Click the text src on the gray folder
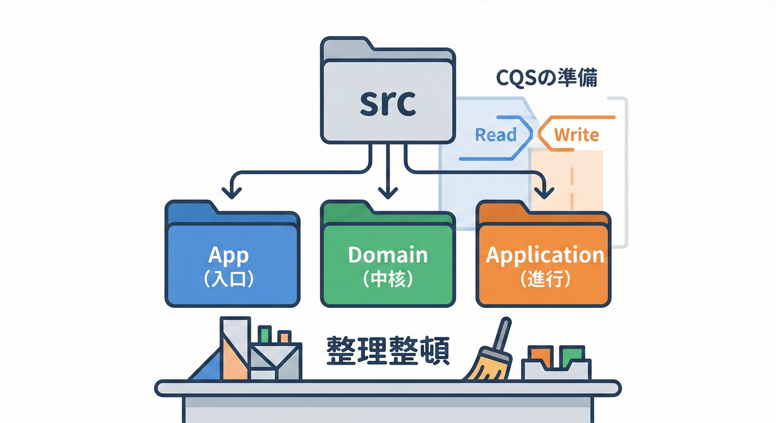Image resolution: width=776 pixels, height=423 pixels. [x=387, y=104]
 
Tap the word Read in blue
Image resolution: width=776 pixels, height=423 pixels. [x=495, y=134]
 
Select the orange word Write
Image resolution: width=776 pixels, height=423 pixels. [x=576, y=134]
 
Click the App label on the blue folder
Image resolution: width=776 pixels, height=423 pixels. [x=229, y=255]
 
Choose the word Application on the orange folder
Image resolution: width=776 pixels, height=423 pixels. [x=545, y=255]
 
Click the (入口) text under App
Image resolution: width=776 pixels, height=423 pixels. [x=229, y=279]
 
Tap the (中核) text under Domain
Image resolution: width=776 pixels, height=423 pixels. [x=388, y=279]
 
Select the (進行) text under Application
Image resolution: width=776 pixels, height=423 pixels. [x=545, y=279]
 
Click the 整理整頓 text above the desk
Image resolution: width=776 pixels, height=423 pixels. [x=387, y=351]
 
